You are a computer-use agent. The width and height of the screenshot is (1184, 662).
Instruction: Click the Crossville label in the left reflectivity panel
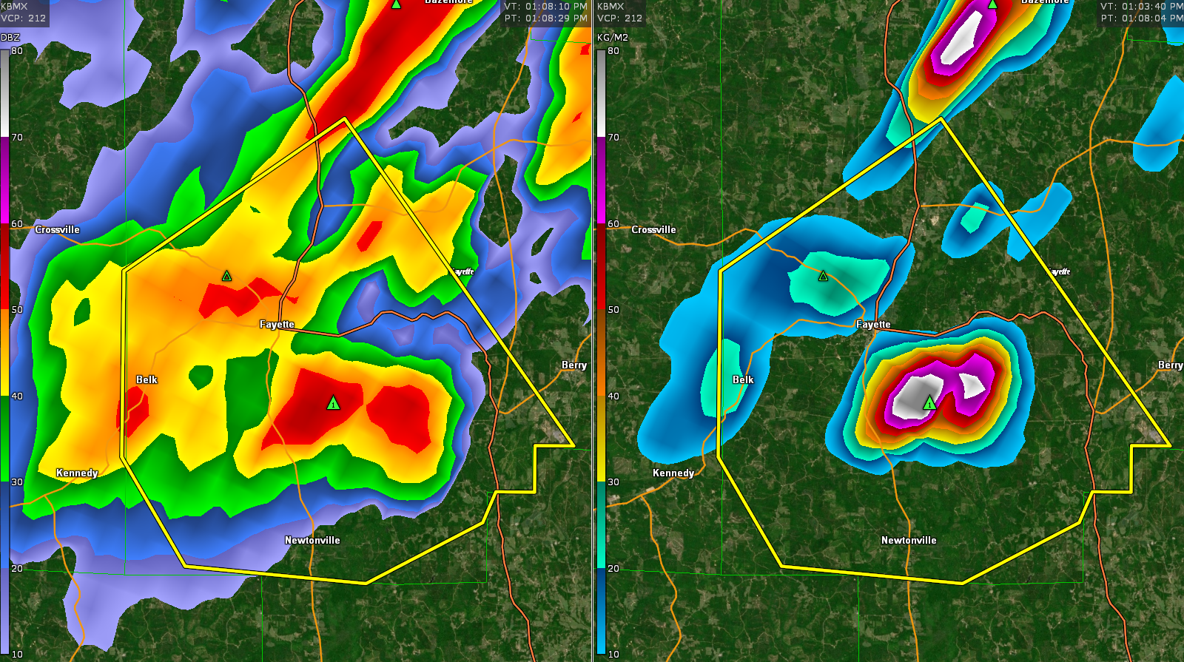point(57,229)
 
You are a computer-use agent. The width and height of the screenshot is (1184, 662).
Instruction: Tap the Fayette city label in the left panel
point(277,324)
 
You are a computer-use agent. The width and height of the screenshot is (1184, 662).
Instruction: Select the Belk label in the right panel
point(743,379)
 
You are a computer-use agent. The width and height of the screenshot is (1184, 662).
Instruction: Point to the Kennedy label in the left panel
point(77,473)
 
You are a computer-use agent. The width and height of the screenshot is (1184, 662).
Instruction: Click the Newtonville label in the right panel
point(909,540)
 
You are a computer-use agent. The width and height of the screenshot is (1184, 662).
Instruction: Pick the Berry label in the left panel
point(574,365)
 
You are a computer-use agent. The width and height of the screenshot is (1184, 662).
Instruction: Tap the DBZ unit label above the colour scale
point(10,37)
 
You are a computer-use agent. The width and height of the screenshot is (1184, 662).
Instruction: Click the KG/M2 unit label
point(613,37)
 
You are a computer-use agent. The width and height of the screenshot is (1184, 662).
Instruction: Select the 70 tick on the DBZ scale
point(17,137)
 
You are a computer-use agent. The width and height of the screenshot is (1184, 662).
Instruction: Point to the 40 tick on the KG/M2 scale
point(613,396)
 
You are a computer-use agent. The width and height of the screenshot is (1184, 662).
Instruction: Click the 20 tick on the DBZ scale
point(17,568)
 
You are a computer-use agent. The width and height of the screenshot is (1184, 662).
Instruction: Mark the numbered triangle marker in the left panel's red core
point(333,403)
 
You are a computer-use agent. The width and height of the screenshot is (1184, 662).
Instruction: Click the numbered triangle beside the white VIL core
point(929,403)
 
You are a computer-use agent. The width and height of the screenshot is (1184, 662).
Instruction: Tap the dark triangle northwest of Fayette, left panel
point(227,276)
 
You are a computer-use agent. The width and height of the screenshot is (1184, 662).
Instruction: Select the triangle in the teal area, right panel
point(824,276)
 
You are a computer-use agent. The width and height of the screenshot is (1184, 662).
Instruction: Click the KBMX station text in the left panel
point(14,6)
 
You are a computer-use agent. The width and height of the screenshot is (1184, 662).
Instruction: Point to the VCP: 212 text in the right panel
point(620,18)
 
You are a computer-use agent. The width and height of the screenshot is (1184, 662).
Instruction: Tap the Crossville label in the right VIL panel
point(653,229)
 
